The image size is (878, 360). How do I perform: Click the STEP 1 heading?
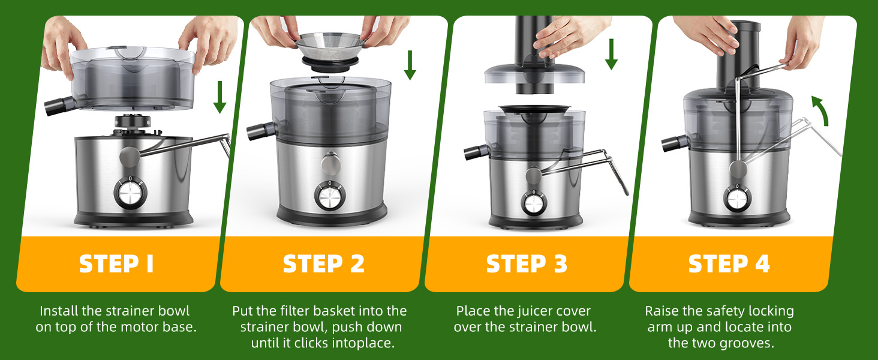[116, 263]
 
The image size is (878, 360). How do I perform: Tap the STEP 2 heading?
[324, 263]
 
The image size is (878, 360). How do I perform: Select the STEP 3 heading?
[527, 263]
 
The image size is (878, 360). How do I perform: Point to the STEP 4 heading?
[729, 263]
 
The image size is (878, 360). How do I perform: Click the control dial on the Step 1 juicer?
[130, 193]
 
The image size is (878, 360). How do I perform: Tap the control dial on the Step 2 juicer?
[330, 196]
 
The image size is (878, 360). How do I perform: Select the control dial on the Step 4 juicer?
[737, 199]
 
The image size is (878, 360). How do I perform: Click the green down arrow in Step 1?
[220, 97]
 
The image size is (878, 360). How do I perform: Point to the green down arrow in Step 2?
[410, 65]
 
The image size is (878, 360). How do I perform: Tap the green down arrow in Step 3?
[611, 54]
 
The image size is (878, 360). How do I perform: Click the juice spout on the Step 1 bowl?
[59, 106]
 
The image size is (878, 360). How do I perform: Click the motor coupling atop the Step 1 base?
[132, 121]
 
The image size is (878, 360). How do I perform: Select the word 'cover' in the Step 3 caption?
[572, 311]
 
